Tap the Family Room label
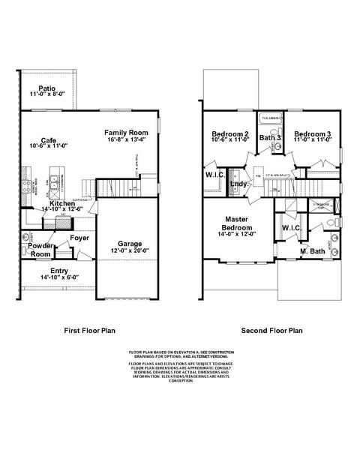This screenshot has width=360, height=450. (124, 131)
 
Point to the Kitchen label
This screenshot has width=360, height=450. (61, 203)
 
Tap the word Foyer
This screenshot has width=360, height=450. (79, 238)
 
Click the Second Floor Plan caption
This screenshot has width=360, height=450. (271, 328)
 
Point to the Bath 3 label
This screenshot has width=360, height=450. (269, 138)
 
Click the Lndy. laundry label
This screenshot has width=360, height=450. (239, 184)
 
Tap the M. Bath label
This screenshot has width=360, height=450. (312, 250)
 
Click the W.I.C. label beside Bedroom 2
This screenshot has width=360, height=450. (215, 176)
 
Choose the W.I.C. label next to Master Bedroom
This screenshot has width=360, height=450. (291, 227)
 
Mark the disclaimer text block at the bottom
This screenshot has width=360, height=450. (180, 365)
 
